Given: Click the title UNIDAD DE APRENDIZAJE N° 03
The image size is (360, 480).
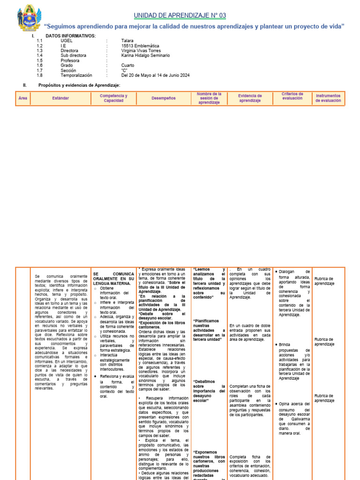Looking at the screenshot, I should [180, 15].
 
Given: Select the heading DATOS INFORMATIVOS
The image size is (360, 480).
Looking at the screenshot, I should [70, 36].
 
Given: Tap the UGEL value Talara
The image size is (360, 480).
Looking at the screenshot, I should [127, 41].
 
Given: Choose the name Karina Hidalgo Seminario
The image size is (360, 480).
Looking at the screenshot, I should [145, 55].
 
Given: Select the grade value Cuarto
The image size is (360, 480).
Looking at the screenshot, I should [127, 65].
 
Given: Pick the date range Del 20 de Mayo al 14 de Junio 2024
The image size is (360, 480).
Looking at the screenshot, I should [155, 75].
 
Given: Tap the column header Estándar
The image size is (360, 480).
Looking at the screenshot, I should [61, 98].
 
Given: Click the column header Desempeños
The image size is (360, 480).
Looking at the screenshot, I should [164, 98].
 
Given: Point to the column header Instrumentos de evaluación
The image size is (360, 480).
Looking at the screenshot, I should [328, 98].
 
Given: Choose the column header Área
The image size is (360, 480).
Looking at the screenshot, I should [22, 98].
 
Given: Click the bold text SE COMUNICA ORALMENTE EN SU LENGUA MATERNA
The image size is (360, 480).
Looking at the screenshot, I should [113, 278].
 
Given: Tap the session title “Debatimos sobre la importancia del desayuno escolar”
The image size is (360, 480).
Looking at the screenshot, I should [209, 391].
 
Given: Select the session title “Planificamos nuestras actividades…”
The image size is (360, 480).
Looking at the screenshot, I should [209, 330].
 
